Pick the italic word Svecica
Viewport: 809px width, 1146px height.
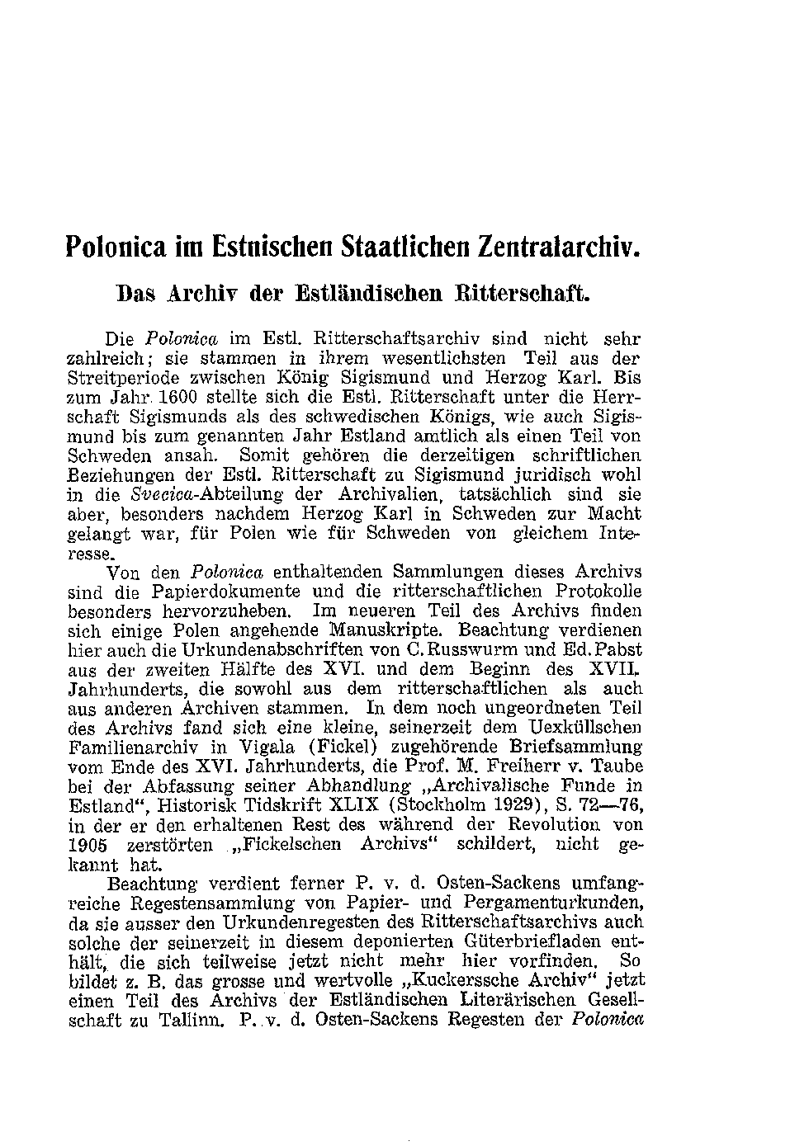click(x=159, y=495)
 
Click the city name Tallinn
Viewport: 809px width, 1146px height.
click(x=187, y=1020)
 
